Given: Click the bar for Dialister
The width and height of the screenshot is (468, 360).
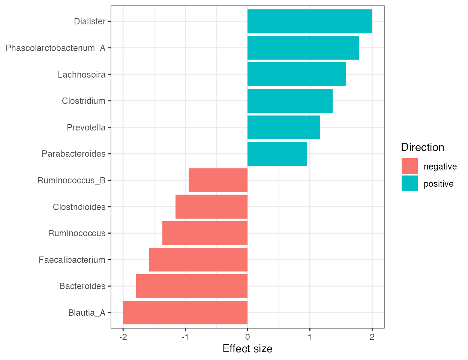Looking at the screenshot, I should click(x=309, y=21).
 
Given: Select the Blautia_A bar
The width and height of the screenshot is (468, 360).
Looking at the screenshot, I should click(x=185, y=312).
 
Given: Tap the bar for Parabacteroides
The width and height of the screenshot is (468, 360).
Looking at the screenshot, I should click(x=277, y=154).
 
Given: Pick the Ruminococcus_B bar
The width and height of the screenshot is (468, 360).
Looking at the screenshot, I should click(x=218, y=180).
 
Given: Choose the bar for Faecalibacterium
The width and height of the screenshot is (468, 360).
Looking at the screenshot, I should click(x=198, y=259).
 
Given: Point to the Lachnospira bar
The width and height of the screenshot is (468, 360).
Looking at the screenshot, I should click(x=296, y=74).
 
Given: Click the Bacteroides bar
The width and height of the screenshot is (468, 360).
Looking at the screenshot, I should click(x=192, y=286).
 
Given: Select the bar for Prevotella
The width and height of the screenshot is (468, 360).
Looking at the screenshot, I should click(x=283, y=127).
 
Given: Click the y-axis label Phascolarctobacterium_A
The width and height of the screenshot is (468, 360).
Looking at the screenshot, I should click(x=55, y=48).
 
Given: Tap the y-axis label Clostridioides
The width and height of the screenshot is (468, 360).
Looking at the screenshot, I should click(x=79, y=207).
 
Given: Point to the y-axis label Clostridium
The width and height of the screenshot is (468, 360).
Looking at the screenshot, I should click(x=84, y=101).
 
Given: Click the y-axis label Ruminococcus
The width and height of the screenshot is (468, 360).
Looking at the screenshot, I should click(x=77, y=233).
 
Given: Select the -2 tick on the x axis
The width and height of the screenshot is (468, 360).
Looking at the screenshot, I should click(x=123, y=337).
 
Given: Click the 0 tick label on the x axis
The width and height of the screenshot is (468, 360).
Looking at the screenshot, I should click(x=247, y=337).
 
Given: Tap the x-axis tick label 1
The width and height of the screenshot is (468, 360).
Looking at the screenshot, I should click(x=310, y=337).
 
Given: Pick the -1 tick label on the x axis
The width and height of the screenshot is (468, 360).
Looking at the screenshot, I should click(x=185, y=337).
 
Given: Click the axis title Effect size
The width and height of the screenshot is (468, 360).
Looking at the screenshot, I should click(x=247, y=349).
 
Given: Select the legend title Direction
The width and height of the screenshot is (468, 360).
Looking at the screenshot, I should click(x=423, y=147).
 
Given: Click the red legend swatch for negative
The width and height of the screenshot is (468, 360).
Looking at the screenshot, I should click(x=409, y=166).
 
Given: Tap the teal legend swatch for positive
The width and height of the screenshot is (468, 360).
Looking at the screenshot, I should click(x=409, y=183).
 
